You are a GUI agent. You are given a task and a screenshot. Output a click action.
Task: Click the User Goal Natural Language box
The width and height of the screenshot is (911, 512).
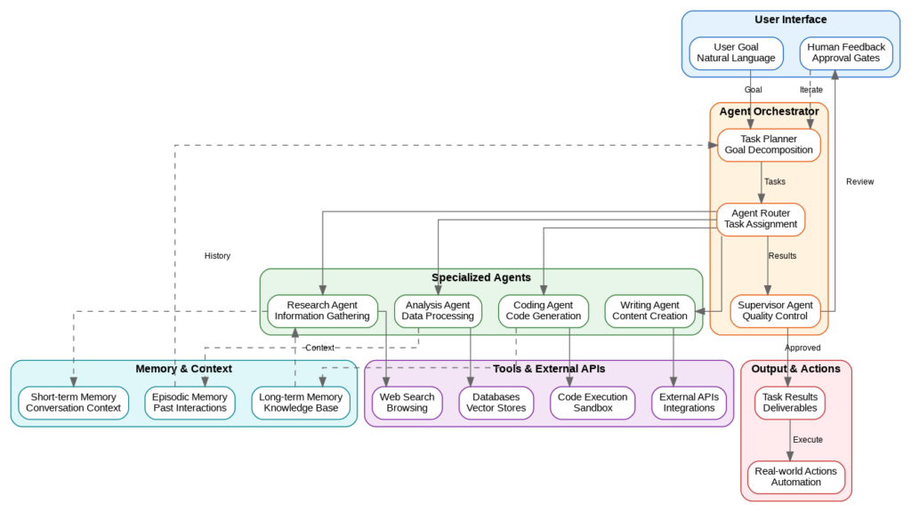(x=736, y=52)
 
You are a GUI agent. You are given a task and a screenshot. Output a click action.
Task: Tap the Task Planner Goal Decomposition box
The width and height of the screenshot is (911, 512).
(x=769, y=145)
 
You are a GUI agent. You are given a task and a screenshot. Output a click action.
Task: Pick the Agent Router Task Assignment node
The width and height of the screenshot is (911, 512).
(x=761, y=219)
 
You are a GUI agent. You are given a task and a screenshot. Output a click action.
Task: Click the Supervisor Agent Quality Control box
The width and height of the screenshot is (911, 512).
(x=774, y=311)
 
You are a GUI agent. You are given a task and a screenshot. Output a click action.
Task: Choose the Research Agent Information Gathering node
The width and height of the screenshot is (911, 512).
(x=322, y=311)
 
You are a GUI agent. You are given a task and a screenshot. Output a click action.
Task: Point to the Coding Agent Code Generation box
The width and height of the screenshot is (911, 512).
(x=543, y=311)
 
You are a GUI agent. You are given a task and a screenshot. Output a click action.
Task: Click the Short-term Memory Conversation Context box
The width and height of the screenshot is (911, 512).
(x=73, y=403)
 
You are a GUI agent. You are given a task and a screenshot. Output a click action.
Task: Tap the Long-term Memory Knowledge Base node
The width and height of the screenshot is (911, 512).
(x=301, y=403)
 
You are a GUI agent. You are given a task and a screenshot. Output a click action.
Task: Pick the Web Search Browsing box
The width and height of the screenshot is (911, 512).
(x=407, y=403)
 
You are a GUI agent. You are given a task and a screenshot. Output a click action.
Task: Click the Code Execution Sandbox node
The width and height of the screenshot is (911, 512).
(x=593, y=403)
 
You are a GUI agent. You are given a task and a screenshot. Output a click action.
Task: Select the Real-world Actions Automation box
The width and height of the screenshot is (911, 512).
(x=795, y=476)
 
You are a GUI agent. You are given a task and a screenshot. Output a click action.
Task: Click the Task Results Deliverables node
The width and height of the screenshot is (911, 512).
(x=790, y=403)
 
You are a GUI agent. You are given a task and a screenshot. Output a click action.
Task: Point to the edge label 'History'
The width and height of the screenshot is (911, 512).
(x=217, y=256)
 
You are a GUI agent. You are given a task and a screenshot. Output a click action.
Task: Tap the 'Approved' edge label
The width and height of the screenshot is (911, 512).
(x=802, y=348)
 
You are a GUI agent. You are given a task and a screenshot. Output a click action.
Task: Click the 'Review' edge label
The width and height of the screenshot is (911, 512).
(x=859, y=182)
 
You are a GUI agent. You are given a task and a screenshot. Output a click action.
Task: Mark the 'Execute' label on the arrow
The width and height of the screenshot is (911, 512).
(x=808, y=440)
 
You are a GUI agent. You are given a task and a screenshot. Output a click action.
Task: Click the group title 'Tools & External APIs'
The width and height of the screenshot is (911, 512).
(x=549, y=369)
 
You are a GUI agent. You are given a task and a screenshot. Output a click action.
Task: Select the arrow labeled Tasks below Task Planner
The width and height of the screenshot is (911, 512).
(x=762, y=182)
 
